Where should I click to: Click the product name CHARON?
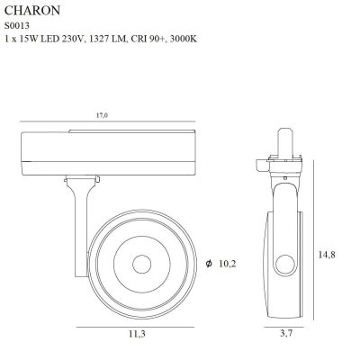coord(32,11)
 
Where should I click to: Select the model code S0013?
coord(17,26)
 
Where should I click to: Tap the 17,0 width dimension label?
coord(102,115)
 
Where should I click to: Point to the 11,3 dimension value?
coord(137,333)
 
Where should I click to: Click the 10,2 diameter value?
coord(228,264)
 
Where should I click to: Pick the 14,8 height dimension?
coord(327,255)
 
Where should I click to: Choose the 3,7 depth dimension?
coord(286,333)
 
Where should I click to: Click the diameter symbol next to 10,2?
coord(209,264)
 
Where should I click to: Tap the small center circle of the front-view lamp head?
coord(142,265)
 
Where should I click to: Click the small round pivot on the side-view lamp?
coord(285,265)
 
